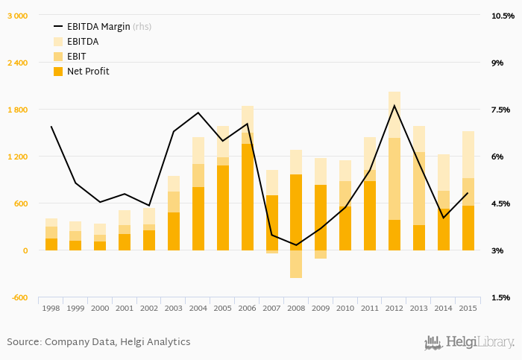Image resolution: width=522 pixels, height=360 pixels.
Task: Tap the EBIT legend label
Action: [x=78, y=57]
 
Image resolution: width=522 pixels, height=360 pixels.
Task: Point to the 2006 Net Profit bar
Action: [x=248, y=197]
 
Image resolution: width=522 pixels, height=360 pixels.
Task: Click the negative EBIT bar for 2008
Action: [x=296, y=264]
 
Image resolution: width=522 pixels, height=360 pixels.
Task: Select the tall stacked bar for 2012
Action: [x=394, y=171]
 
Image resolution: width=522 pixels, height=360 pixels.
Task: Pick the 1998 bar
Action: [x=51, y=235]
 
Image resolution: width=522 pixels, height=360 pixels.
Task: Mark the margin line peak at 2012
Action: [x=394, y=105]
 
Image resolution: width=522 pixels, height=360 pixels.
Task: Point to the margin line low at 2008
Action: [x=296, y=245]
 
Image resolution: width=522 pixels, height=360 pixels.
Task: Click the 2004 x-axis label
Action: [x=198, y=308]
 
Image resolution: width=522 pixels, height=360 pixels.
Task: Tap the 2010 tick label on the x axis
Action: [x=345, y=308]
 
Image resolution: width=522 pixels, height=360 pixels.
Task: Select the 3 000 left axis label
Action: [x=18, y=16]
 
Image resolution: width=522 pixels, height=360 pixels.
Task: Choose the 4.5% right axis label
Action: [x=500, y=203]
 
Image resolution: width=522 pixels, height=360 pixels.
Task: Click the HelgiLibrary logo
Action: [x=469, y=343]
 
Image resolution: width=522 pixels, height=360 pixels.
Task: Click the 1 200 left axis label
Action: [x=18, y=157]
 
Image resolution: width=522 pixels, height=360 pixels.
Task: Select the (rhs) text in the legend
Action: [x=142, y=27]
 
